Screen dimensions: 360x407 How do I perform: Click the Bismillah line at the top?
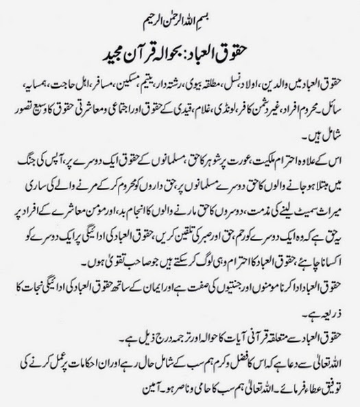(180, 14)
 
